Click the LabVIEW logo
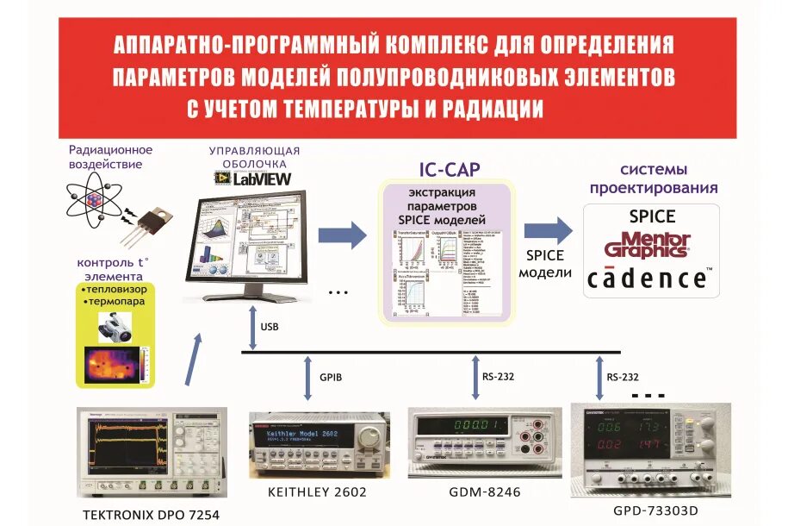(x=252, y=178)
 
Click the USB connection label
(x=269, y=327)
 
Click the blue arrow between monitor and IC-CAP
(x=341, y=235)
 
